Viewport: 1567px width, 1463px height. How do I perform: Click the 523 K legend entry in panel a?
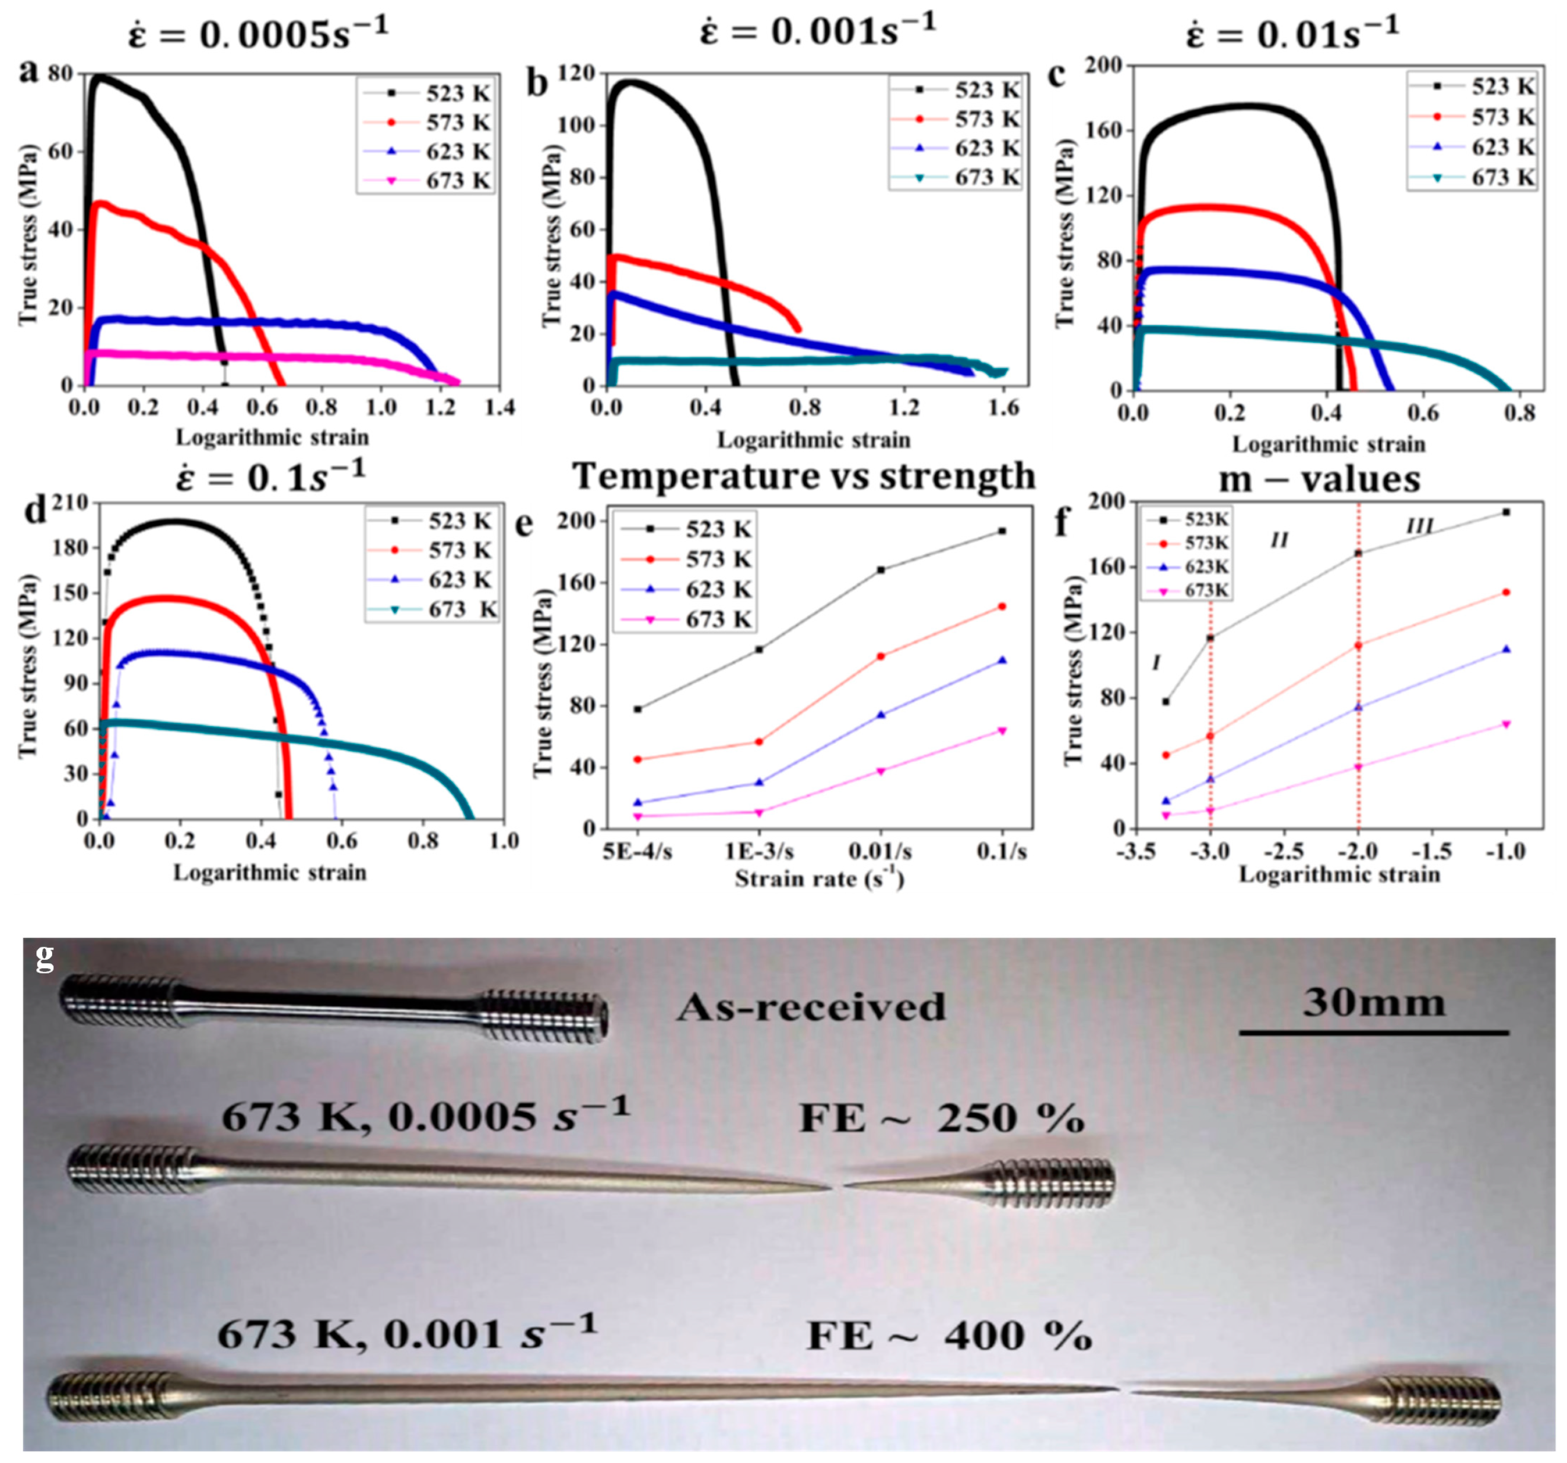click(426, 93)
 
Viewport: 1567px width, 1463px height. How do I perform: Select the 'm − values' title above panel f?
click(1320, 479)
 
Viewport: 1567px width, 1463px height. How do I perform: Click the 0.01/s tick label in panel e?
click(880, 852)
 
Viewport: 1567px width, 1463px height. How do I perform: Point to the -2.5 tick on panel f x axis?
click(1284, 852)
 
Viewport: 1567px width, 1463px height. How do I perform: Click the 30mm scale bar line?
click(1373, 1032)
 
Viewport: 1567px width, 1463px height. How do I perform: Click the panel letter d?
click(36, 510)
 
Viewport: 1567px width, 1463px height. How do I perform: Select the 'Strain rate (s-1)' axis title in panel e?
click(819, 879)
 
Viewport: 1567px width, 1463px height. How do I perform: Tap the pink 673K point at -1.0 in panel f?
click(1507, 724)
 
